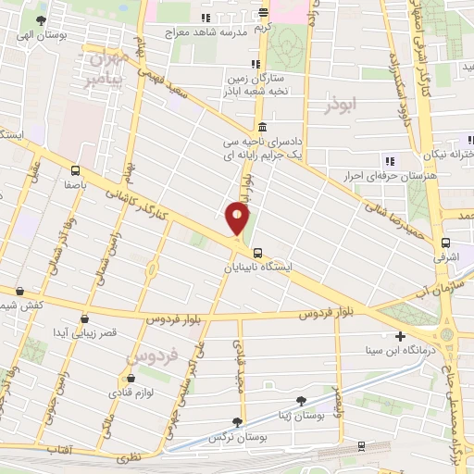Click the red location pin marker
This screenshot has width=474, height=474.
(x=237, y=219)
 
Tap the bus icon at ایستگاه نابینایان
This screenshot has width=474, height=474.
(x=256, y=251)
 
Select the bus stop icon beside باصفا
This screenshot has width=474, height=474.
(x=75, y=169)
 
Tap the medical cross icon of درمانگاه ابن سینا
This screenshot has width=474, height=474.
(x=400, y=336)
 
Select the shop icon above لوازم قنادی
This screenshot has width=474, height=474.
(x=135, y=378)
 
